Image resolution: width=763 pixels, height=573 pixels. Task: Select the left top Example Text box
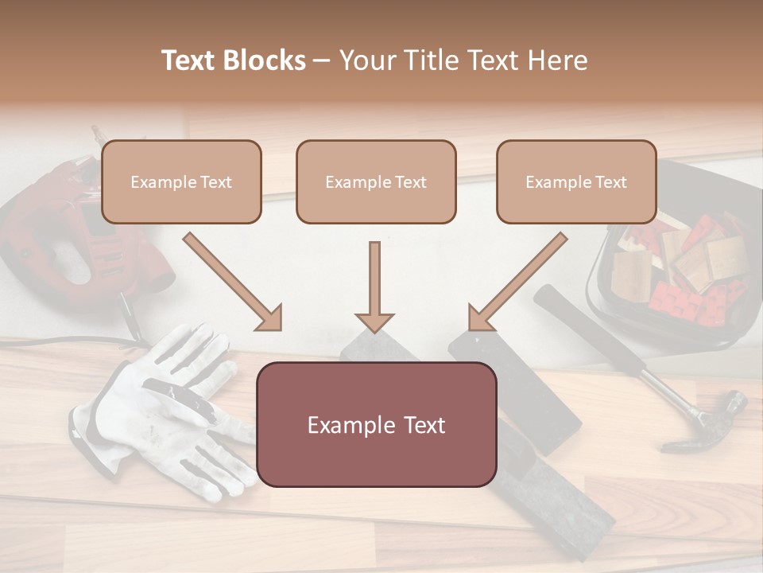[181, 181]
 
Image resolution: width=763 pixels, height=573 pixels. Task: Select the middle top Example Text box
[376, 181]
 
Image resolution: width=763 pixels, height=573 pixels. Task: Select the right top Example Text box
[576, 181]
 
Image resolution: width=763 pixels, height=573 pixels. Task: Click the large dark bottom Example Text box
[376, 424]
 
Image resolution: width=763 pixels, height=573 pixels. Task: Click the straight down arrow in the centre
[374, 286]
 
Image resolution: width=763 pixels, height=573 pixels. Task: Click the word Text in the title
[191, 60]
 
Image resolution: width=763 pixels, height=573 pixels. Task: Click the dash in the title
[322, 60]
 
